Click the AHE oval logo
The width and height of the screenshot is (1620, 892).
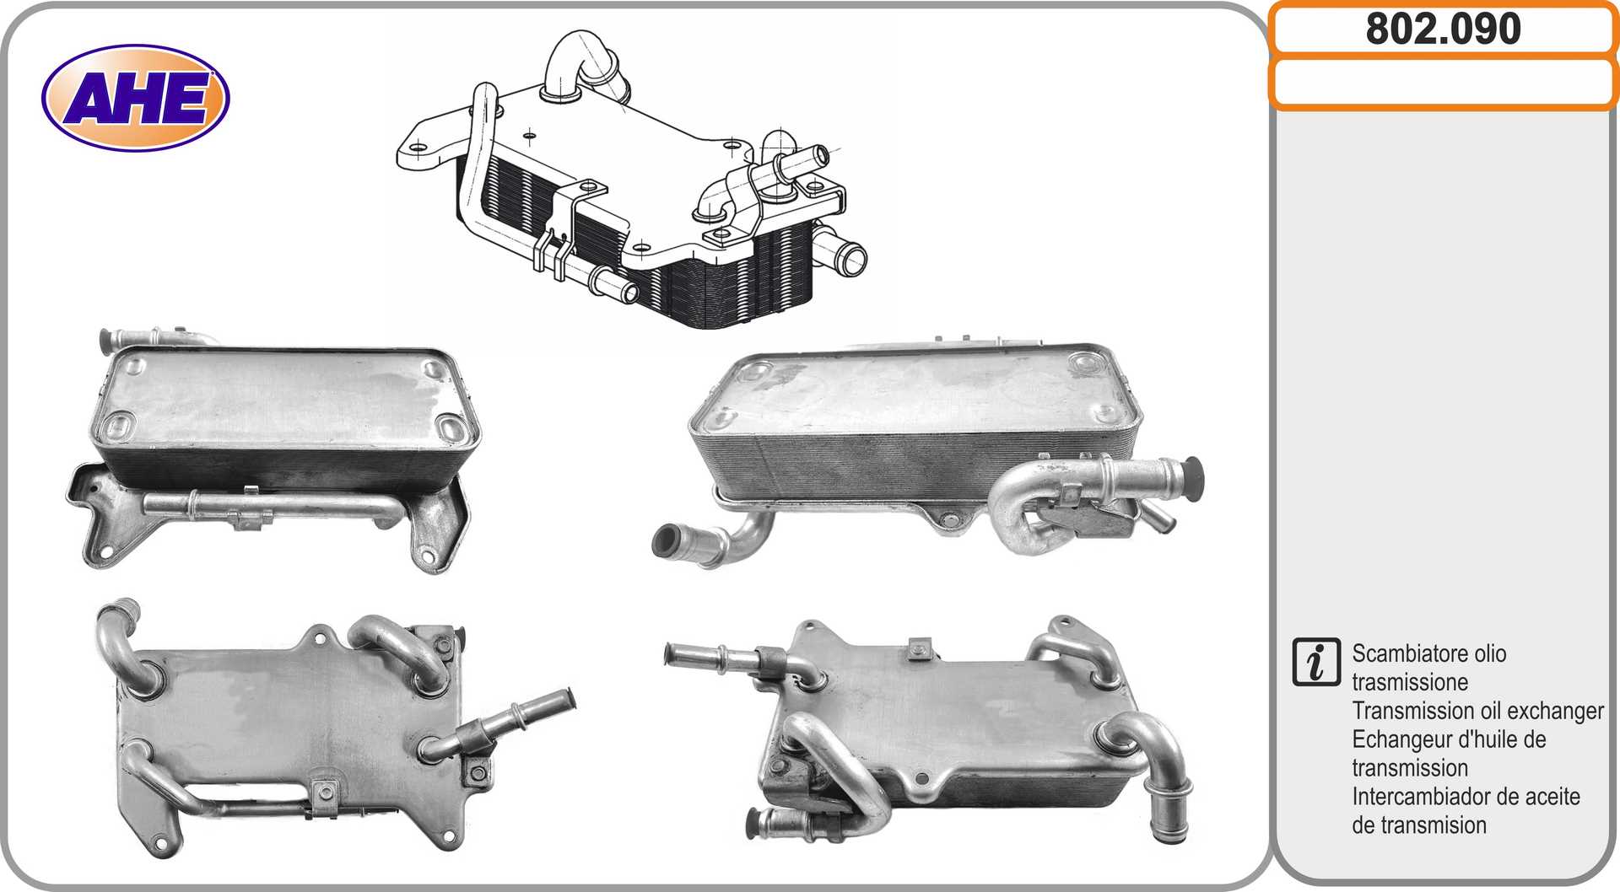point(135,98)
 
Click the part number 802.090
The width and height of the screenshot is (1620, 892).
point(1443,29)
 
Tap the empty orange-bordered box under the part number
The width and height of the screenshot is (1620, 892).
point(1443,83)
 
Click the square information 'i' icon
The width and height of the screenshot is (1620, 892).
point(1315,662)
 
